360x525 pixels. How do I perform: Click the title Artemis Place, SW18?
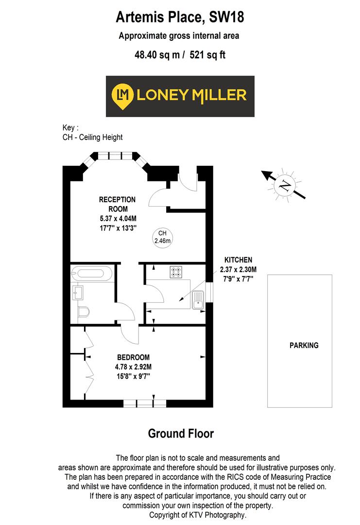pyautogui.click(x=180, y=18)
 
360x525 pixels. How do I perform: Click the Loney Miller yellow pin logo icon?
pyautogui.click(x=122, y=96)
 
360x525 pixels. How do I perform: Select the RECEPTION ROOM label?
pyautogui.click(x=117, y=204)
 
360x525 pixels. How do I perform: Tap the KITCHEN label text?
pyautogui.click(x=238, y=260)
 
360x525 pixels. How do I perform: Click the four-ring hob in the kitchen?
pyautogui.click(x=175, y=272)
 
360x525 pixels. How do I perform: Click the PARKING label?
pyautogui.click(x=304, y=346)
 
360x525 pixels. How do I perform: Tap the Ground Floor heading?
pyautogui.click(x=180, y=433)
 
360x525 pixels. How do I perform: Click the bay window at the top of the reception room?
pyautogui.click(x=116, y=156)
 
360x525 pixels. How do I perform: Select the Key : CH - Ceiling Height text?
pyautogui.click(x=92, y=133)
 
